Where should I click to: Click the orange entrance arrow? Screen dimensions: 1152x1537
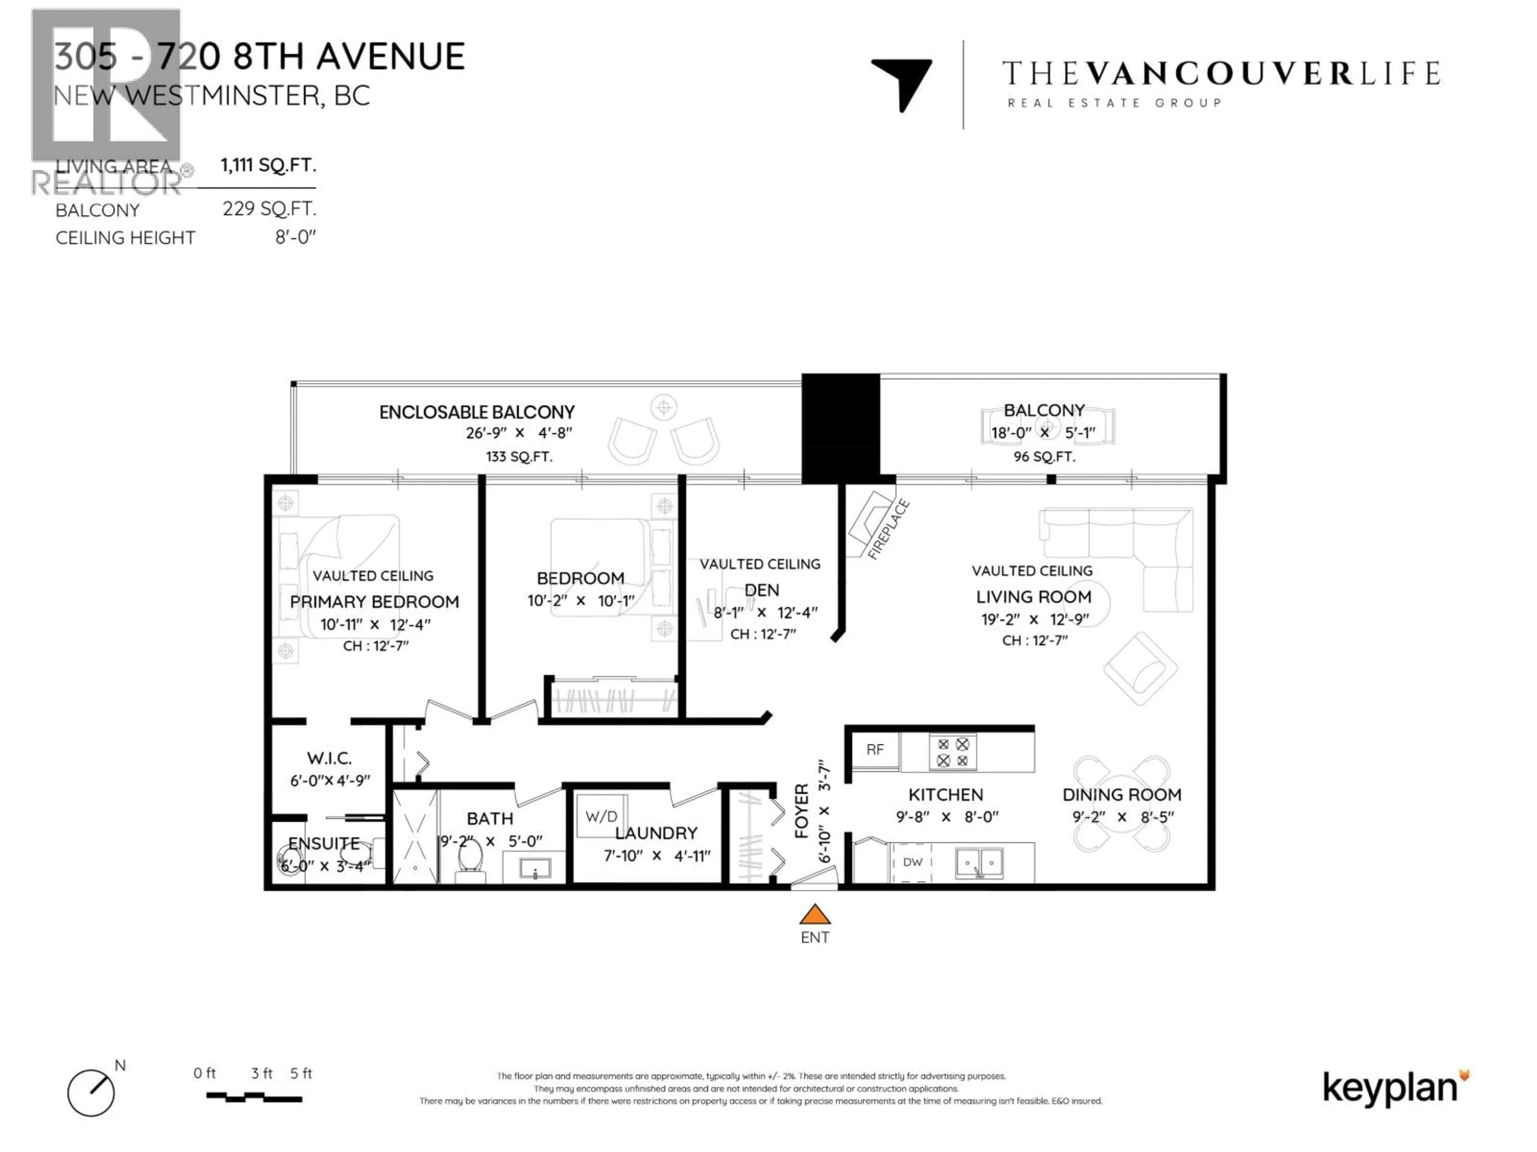(x=815, y=914)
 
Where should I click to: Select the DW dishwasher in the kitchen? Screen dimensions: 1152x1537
(x=912, y=862)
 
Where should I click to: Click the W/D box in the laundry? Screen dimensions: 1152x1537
(x=601, y=816)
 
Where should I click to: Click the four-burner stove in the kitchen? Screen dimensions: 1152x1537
(x=953, y=752)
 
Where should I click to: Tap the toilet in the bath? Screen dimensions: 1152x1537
(x=470, y=859)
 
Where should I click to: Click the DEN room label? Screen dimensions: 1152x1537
(x=762, y=590)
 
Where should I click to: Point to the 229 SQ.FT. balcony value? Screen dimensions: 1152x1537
(x=269, y=209)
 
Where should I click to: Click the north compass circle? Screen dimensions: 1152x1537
(x=91, y=1093)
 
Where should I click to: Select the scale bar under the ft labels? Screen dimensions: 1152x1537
(x=254, y=1098)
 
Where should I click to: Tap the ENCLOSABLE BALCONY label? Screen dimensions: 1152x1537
(x=477, y=412)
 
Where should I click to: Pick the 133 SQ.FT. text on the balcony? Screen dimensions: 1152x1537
(x=518, y=457)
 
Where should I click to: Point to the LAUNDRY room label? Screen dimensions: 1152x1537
(x=656, y=833)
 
